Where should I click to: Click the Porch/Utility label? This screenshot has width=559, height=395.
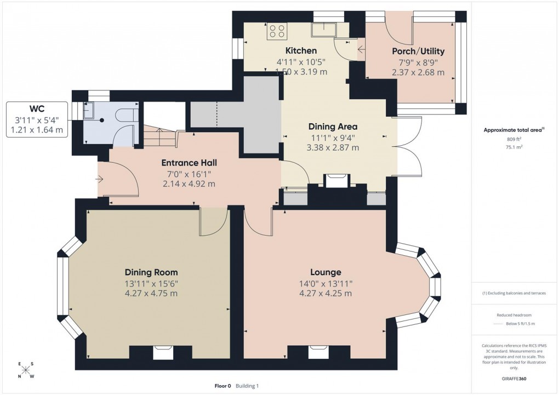click(x=418, y=51)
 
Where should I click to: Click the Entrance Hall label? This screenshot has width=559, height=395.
click(x=189, y=163)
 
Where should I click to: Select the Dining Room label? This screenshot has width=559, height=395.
click(x=151, y=272)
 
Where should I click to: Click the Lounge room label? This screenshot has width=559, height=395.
click(x=326, y=272)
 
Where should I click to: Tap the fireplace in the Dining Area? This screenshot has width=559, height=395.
click(x=336, y=180)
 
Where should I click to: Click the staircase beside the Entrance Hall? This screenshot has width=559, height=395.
click(x=159, y=136)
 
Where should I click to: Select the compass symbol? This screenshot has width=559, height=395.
click(x=25, y=370)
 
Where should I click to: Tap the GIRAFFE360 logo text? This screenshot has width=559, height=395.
click(x=514, y=379)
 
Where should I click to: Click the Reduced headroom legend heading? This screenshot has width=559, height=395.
click(x=514, y=315)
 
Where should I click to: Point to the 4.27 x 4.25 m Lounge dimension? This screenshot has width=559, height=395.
click(x=326, y=293)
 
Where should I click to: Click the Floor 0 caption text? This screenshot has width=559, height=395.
click(x=223, y=386)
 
